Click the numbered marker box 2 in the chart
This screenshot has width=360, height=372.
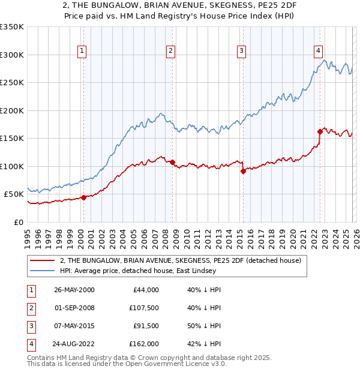click(170, 51)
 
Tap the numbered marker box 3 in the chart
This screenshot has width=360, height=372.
click(241, 51)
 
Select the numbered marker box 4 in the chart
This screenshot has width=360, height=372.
click(319, 51)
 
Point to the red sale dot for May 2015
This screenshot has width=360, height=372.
click(243, 171)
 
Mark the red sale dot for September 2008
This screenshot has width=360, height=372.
click(172, 162)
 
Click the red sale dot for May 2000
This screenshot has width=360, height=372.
click(84, 197)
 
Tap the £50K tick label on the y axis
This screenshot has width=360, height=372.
click(14, 194)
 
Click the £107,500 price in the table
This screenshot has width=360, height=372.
click(145, 308)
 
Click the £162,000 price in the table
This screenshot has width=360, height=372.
click(145, 344)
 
